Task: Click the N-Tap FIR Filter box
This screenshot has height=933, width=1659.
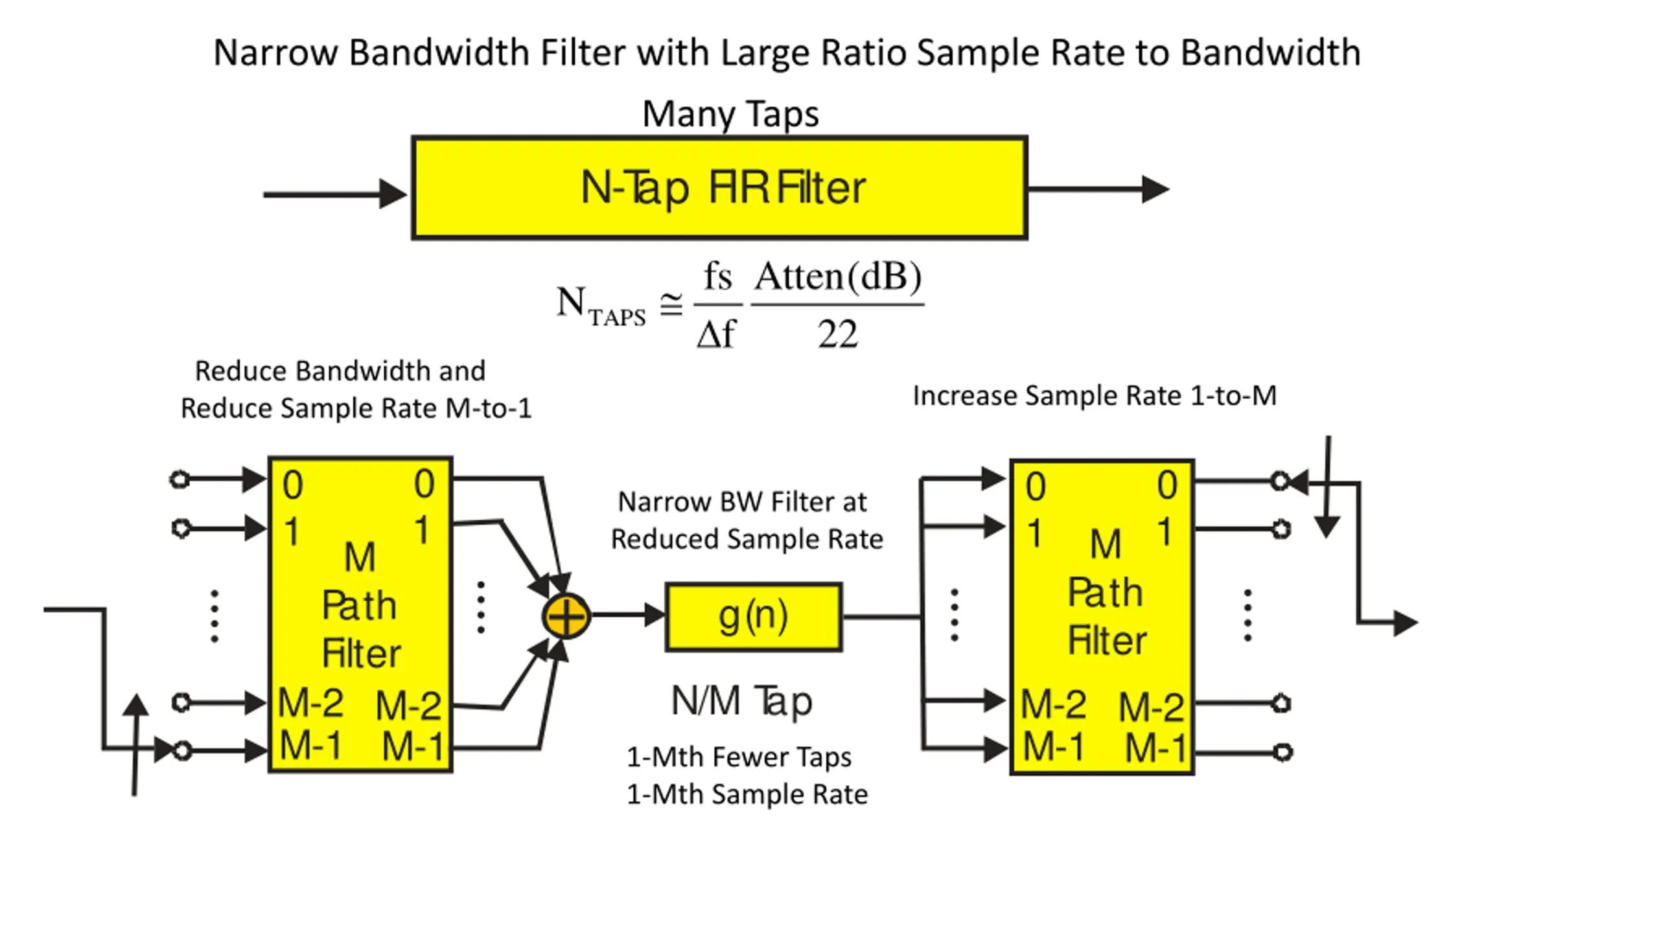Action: point(719,188)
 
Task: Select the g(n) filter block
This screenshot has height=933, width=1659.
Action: point(754,617)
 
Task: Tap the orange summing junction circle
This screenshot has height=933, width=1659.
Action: point(566,616)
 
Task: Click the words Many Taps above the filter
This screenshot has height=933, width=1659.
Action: point(730,114)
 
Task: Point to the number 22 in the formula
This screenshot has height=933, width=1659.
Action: point(837,334)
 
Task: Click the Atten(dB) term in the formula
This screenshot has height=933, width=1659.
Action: point(837,277)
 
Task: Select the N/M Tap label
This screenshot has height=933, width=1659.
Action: point(741,701)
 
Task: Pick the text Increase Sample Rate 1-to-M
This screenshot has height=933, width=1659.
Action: point(1095,395)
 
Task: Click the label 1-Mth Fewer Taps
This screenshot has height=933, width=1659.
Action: point(739,757)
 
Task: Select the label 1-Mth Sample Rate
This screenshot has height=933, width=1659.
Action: point(747,794)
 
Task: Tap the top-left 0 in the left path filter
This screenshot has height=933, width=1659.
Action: point(293,485)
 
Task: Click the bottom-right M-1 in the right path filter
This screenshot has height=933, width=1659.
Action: point(1155,748)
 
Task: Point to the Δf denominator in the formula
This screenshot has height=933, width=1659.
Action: point(716,334)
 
